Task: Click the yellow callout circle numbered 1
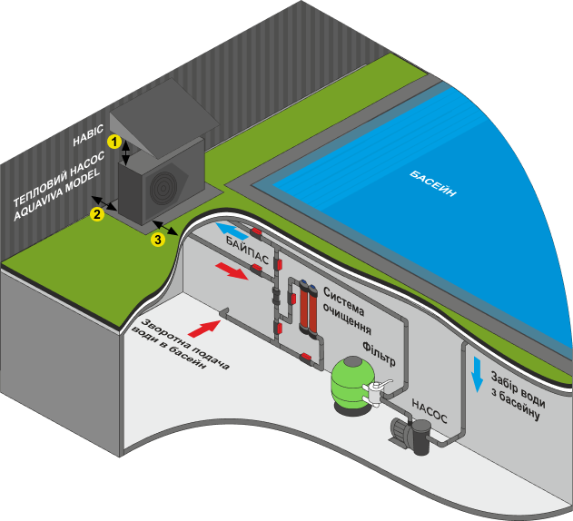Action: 114,142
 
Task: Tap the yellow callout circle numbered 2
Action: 95,214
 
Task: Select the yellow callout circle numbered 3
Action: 157,240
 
